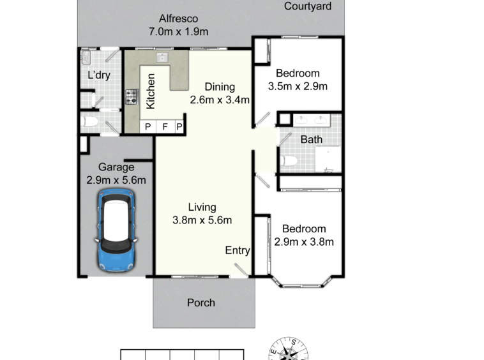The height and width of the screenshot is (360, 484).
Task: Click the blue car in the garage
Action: tap(116, 230)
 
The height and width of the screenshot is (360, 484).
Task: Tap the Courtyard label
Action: tap(308, 6)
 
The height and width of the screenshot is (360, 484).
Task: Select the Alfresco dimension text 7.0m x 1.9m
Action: tap(179, 31)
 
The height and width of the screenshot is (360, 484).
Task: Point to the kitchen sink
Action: tap(162, 57)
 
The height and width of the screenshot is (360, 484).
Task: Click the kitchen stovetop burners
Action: tap(132, 97)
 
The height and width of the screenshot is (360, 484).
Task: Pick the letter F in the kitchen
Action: tap(165, 126)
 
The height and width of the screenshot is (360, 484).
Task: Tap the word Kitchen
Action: tap(150, 91)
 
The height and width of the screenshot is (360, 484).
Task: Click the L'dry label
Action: tap(99, 75)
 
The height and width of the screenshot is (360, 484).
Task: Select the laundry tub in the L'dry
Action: tap(86, 57)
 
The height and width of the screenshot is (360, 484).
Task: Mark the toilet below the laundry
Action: tap(90, 121)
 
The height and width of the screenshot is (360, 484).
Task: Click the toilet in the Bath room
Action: tap(289, 161)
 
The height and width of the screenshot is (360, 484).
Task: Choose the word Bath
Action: tap(312, 139)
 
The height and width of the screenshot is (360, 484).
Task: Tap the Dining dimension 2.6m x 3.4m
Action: tap(220, 100)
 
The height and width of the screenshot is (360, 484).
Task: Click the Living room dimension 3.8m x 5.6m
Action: tap(202, 220)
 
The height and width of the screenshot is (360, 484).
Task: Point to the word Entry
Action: tap(238, 250)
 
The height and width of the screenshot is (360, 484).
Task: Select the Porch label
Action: tap(201, 303)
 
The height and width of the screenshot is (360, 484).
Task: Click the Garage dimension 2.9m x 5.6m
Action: tap(116, 180)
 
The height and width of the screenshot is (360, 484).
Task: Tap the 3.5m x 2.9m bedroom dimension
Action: tap(298, 86)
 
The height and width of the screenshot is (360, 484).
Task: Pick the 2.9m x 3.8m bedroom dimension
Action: tap(304, 242)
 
